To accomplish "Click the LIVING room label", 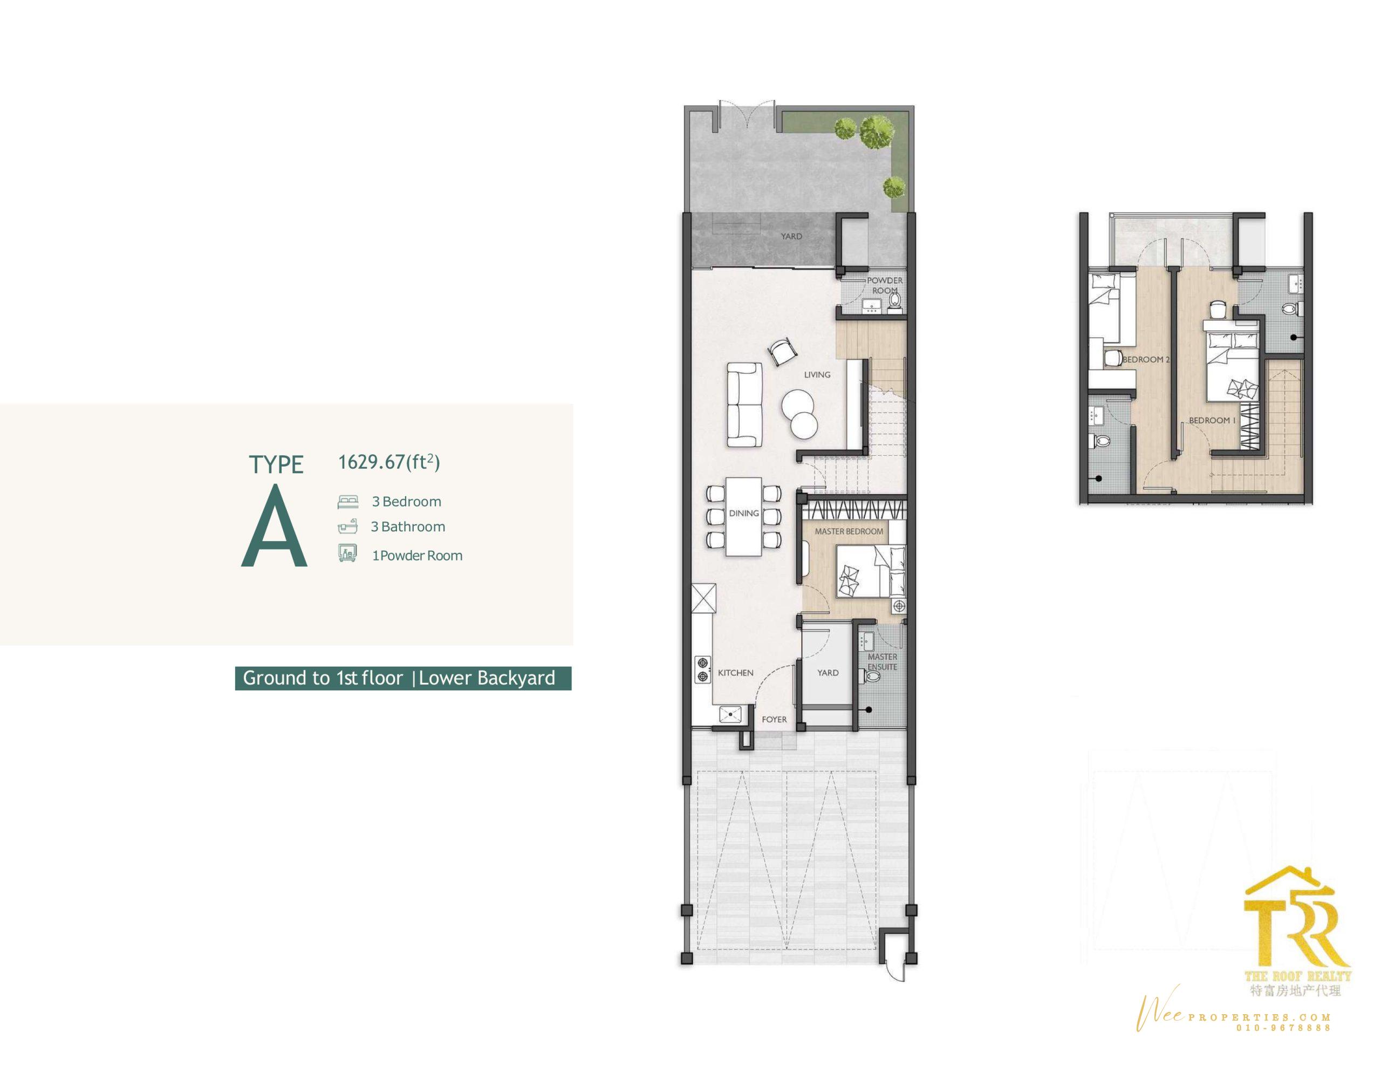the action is (817, 375).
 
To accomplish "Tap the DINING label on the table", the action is (743, 514).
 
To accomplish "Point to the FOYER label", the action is (774, 720).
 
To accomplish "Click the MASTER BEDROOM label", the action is (849, 531).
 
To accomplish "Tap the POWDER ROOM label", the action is (885, 285).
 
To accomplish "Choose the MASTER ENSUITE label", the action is (882, 661).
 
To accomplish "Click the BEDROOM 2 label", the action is (1146, 359).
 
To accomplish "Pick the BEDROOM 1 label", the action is (1209, 420).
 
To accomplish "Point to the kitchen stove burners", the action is (702, 670).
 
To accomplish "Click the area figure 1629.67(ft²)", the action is (389, 462).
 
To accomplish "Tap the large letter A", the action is (274, 526).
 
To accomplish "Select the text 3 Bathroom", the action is (408, 527).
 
